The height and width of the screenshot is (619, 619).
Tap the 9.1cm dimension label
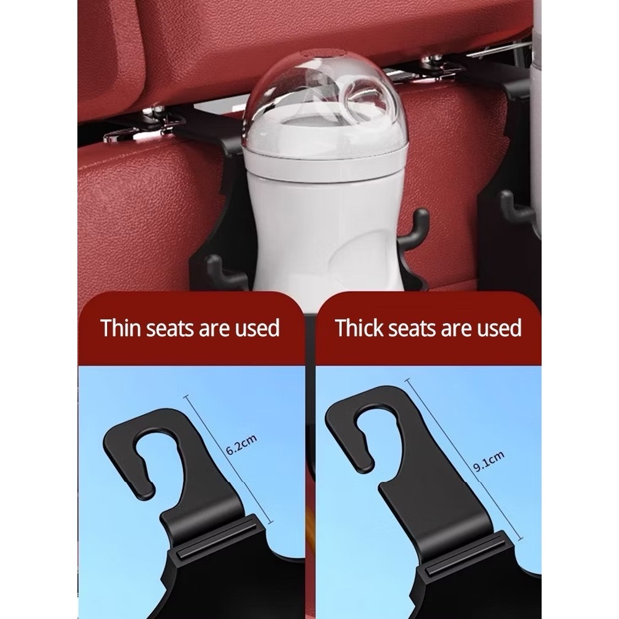tap(489, 461)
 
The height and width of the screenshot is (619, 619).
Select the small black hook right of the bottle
tap(413, 229)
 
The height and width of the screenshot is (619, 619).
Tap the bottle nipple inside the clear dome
tap(369, 101)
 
